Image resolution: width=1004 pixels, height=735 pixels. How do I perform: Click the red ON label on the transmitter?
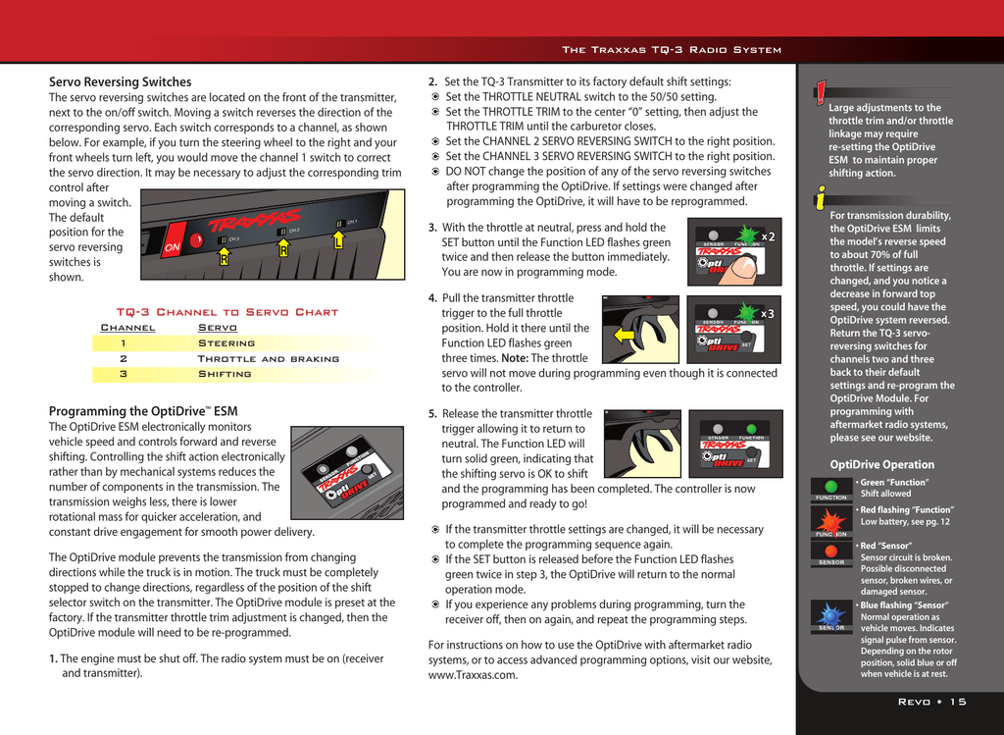172,247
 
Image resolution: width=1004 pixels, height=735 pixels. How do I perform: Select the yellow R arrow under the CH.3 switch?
224,259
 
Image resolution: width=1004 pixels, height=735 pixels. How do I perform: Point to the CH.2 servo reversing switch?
280,232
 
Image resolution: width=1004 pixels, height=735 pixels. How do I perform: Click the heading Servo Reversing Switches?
120,81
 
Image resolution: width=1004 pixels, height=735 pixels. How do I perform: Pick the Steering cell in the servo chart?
226,343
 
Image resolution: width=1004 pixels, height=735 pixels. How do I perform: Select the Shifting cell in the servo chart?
225,374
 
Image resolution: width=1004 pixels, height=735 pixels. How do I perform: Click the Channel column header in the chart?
127,328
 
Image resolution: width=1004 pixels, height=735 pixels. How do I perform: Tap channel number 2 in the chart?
124,359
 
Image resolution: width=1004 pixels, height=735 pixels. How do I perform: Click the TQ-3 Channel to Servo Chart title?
226,312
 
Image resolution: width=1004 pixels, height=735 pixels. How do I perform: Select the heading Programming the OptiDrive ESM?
143,411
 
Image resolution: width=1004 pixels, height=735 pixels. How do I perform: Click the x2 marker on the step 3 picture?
768,236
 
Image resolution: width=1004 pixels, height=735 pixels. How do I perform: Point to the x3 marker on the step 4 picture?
768,314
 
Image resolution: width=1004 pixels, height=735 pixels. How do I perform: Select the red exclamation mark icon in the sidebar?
819,95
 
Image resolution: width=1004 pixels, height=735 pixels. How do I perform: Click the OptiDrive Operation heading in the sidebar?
881,464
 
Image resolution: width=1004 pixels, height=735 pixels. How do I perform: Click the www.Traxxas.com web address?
473,675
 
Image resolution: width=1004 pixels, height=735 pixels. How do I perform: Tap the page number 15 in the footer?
957,701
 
